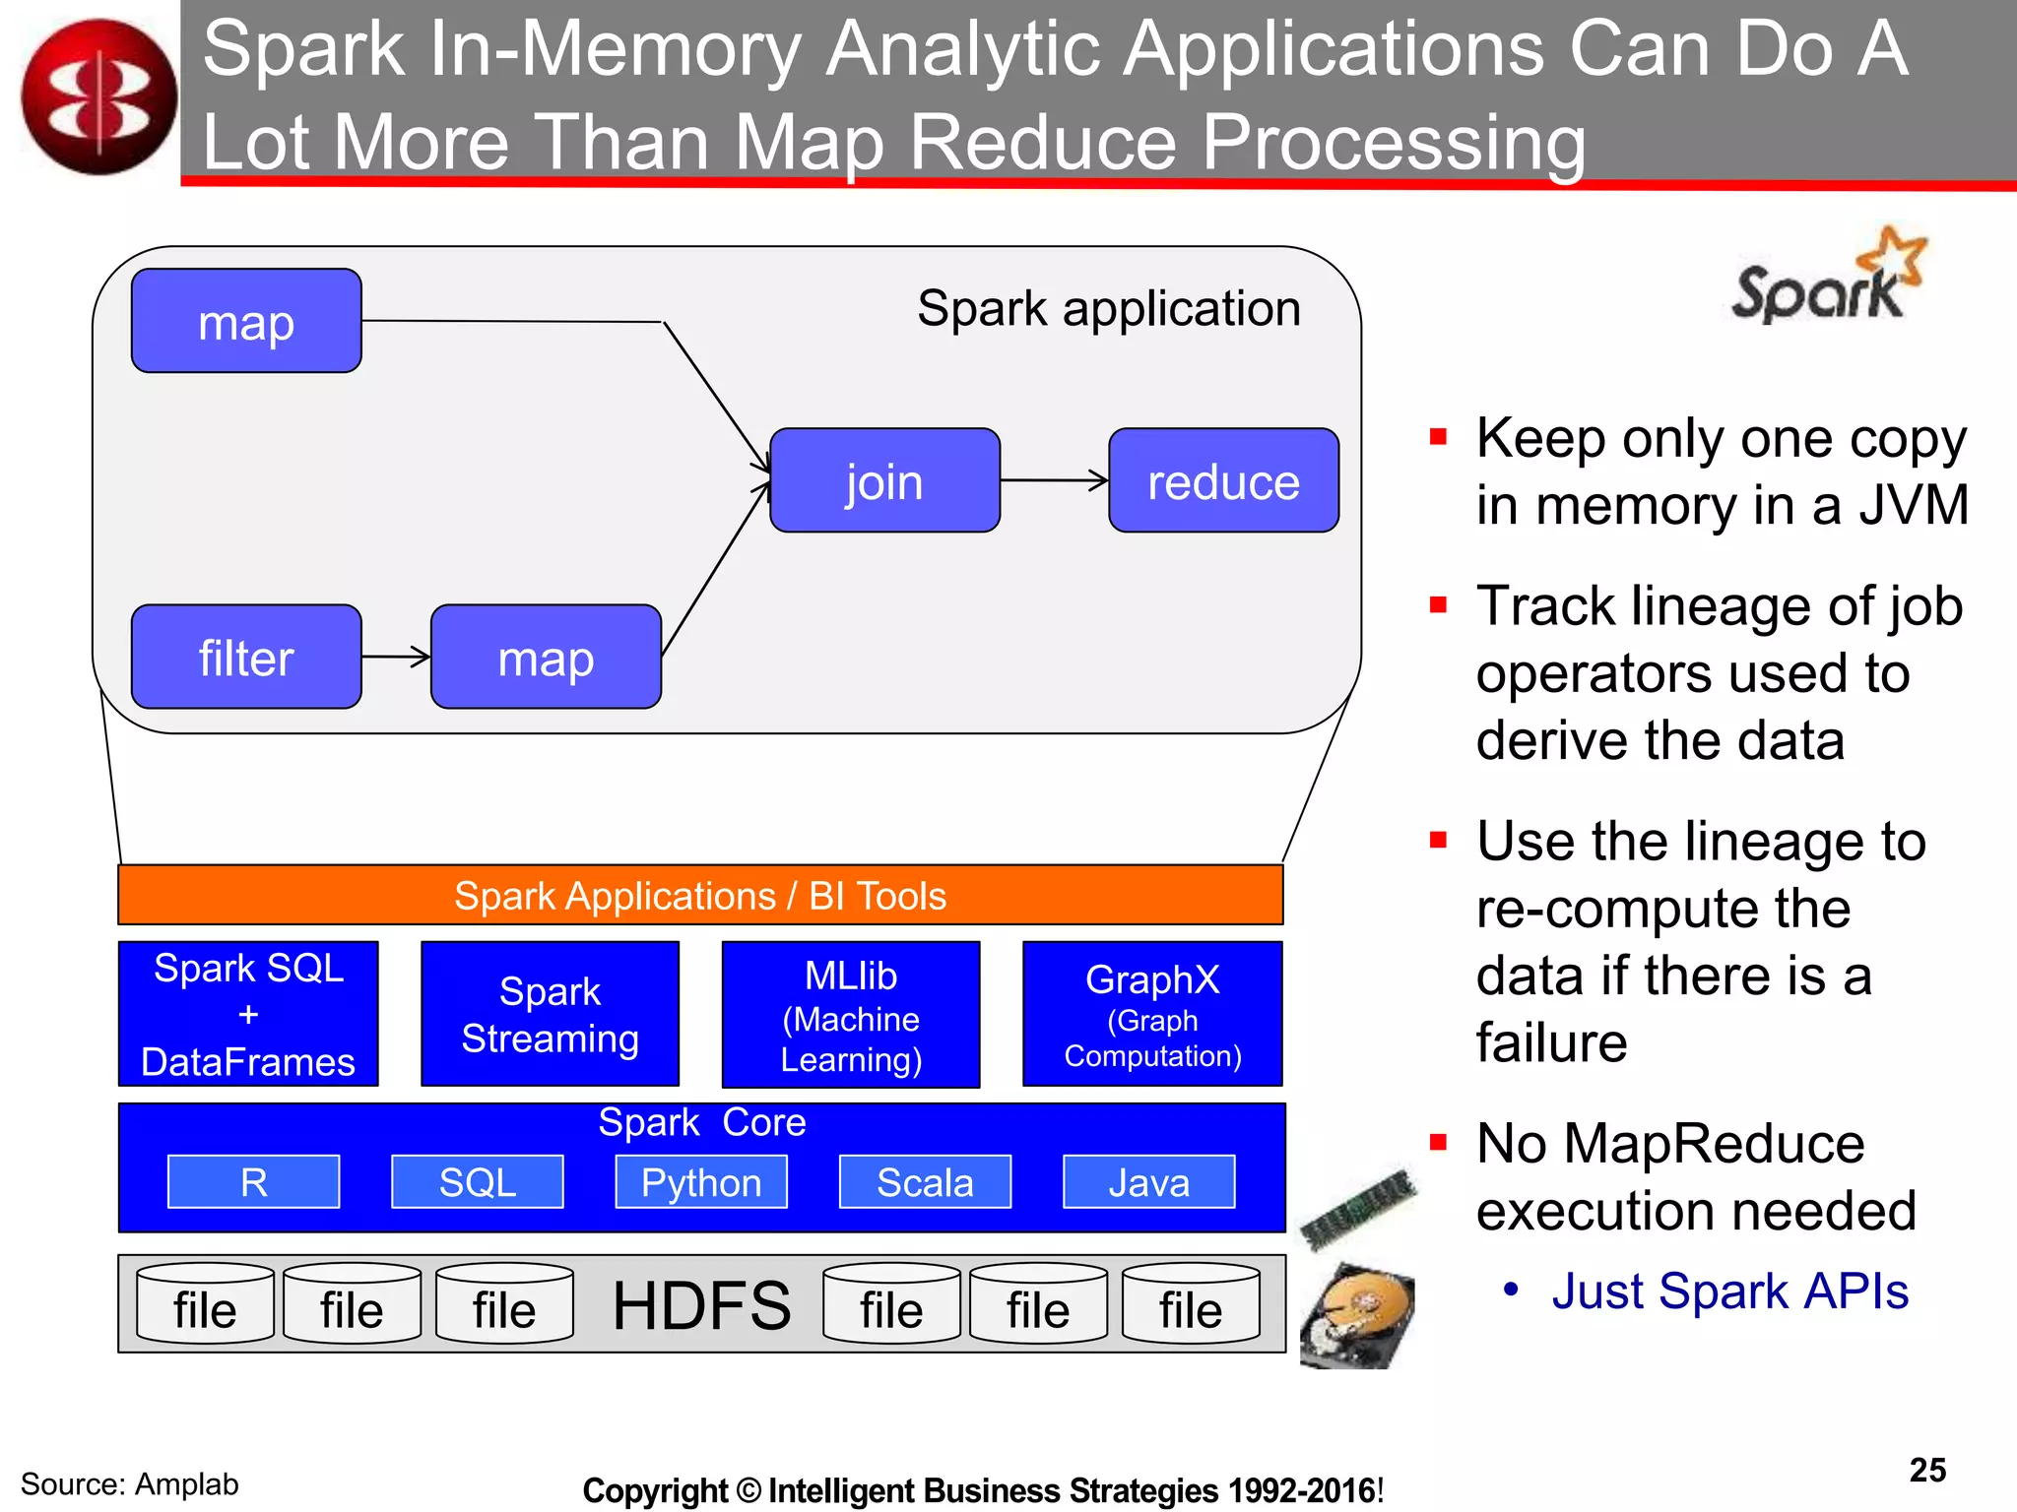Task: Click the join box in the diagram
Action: [884, 480]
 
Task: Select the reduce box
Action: [1223, 480]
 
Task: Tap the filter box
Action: [246, 657]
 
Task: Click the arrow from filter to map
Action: [396, 657]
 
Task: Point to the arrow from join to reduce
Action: [1054, 480]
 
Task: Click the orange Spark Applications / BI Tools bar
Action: [700, 895]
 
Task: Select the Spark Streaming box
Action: [550, 1014]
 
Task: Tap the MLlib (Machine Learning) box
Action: [851, 1015]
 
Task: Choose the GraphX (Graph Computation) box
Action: [1152, 1014]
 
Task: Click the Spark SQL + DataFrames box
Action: [248, 1014]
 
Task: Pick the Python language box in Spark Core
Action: [701, 1181]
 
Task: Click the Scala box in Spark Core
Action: [925, 1181]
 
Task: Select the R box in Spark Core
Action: [253, 1181]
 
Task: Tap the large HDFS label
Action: [701, 1305]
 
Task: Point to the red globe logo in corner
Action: [98, 96]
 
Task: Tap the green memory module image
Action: [1358, 1208]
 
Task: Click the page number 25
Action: [1927, 1470]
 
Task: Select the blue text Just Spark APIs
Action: [1729, 1291]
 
